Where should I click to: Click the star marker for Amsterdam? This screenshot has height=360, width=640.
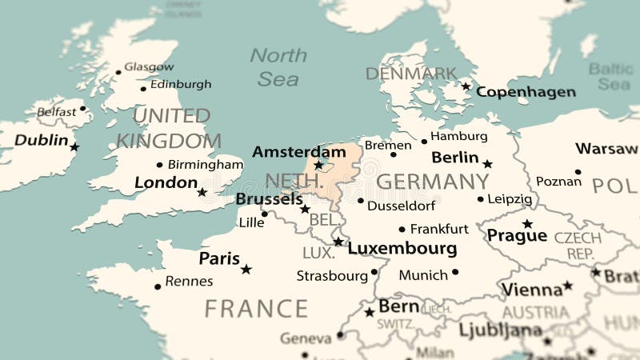coord(318,166)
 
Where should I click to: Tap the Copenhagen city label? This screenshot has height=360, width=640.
coord(526,92)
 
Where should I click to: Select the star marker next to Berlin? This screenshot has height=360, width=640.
coord(487,164)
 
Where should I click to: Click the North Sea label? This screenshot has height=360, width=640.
coord(278,66)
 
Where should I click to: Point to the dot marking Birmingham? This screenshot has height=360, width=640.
coord(159,165)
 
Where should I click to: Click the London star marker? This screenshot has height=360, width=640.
coord(202,192)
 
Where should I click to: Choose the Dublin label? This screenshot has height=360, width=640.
coord(42,140)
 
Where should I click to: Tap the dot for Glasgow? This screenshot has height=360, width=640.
coord(118,72)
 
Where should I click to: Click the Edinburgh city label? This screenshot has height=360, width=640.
coord(181,84)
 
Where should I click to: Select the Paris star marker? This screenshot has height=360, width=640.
coord(246,270)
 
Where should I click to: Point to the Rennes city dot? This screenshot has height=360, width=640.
coord(158,286)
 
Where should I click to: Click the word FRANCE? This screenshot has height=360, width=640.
coord(256,309)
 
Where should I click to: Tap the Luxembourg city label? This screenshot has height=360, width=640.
coord(402,248)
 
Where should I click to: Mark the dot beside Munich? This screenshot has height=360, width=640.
coord(454,272)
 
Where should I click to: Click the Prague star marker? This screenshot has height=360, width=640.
coord(527,224)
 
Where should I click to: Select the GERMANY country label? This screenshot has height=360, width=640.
coord(432,182)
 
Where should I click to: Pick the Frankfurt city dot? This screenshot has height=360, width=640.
coord(402,229)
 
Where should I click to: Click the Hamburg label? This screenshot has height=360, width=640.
coord(458,136)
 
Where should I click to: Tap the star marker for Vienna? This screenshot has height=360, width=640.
coord(567,285)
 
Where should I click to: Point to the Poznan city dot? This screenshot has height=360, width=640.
coord(578,171)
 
